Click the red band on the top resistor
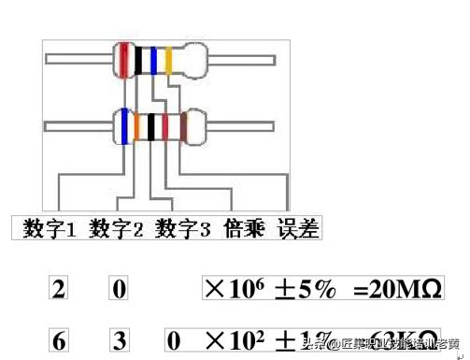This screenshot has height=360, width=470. point(123,59)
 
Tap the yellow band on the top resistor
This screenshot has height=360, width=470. point(168,60)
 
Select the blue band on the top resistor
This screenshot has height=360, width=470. point(152,60)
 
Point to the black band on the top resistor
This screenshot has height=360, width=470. point(138,60)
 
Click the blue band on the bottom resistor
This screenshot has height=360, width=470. point(123,126)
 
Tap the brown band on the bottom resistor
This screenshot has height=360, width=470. point(183,126)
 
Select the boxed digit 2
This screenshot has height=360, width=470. point(59,289)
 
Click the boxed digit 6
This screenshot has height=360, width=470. point(59,340)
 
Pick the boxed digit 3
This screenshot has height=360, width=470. point(119,340)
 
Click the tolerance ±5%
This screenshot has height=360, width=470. point(305,288)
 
